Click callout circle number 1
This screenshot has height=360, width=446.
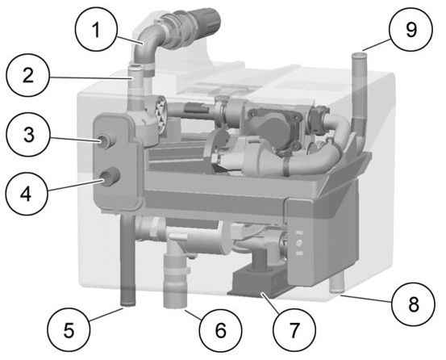[x=97, y=29]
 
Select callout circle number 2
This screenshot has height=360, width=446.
[x=28, y=75]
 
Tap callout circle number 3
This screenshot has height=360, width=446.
[x=28, y=135]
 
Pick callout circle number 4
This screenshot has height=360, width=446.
[x=27, y=194]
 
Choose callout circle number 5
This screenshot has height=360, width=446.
[x=69, y=330]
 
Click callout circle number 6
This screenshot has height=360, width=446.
[x=220, y=330]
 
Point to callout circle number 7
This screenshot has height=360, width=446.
[x=294, y=330]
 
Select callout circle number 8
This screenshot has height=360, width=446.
[x=413, y=304]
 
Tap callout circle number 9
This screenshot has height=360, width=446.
[x=411, y=29]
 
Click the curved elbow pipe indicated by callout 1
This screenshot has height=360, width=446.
[x=145, y=45]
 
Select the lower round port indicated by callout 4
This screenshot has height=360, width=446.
[x=110, y=177]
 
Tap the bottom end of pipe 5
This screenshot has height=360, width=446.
[x=128, y=305]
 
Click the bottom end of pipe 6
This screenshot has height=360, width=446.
[x=175, y=306]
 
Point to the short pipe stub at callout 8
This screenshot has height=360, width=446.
[x=337, y=285]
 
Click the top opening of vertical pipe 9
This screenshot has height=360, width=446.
[x=359, y=55]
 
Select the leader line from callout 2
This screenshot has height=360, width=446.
[x=90, y=77]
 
